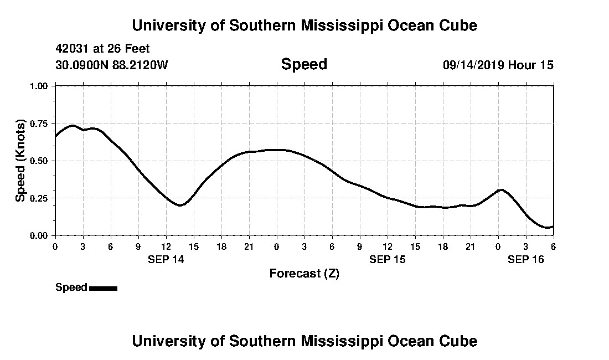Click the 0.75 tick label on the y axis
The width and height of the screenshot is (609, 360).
tap(40, 123)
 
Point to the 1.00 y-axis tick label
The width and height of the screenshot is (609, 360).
tap(40, 86)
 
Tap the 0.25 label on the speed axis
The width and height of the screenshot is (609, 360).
tap(40, 198)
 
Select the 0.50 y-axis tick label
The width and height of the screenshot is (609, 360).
tap(40, 161)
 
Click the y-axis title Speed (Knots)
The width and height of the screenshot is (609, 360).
tap(20, 161)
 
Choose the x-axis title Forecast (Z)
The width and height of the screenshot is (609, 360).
tap(304, 273)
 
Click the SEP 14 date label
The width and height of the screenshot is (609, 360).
tap(166, 259)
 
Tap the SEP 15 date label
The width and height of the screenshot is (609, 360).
tap(388, 259)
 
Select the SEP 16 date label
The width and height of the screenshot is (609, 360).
tap(526, 259)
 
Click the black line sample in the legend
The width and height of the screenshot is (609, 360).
tap(103, 288)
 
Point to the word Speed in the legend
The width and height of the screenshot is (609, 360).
tap(71, 287)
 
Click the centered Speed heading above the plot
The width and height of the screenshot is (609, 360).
tap(304, 64)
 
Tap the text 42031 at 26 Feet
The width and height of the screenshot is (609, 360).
tap(102, 49)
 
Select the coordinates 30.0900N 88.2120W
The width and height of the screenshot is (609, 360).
tap(111, 65)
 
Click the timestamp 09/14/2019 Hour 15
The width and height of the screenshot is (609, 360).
tap(498, 65)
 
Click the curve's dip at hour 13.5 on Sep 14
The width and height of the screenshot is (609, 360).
tap(180, 205)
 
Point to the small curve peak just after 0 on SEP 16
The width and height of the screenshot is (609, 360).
tap(501, 190)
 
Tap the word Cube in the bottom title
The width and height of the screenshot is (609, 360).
tap(461, 341)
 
